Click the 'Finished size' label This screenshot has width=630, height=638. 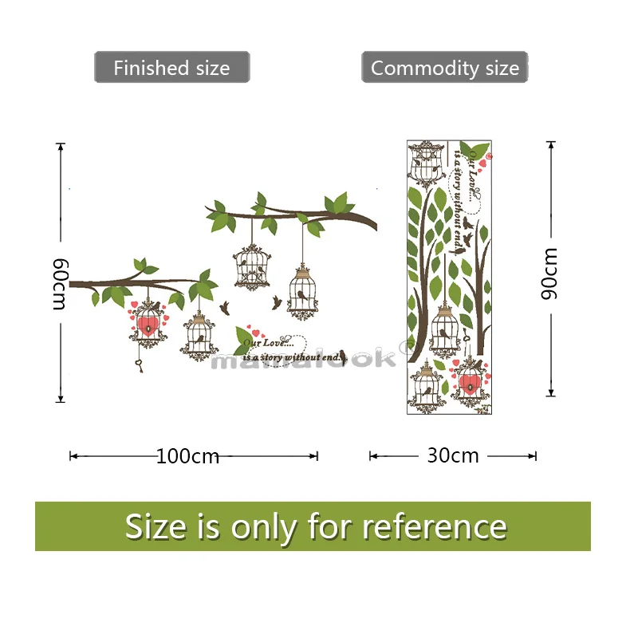[x=171, y=68]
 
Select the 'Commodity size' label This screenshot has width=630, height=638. [x=444, y=68]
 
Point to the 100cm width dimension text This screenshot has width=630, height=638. [x=187, y=456]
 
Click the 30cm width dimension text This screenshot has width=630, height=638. [x=453, y=455]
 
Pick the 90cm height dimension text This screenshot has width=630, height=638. [x=549, y=273]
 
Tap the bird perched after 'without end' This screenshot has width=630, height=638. [x=341, y=352]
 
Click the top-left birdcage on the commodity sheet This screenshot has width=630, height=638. [x=425, y=163]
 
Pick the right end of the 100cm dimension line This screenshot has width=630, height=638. [x=317, y=456]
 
